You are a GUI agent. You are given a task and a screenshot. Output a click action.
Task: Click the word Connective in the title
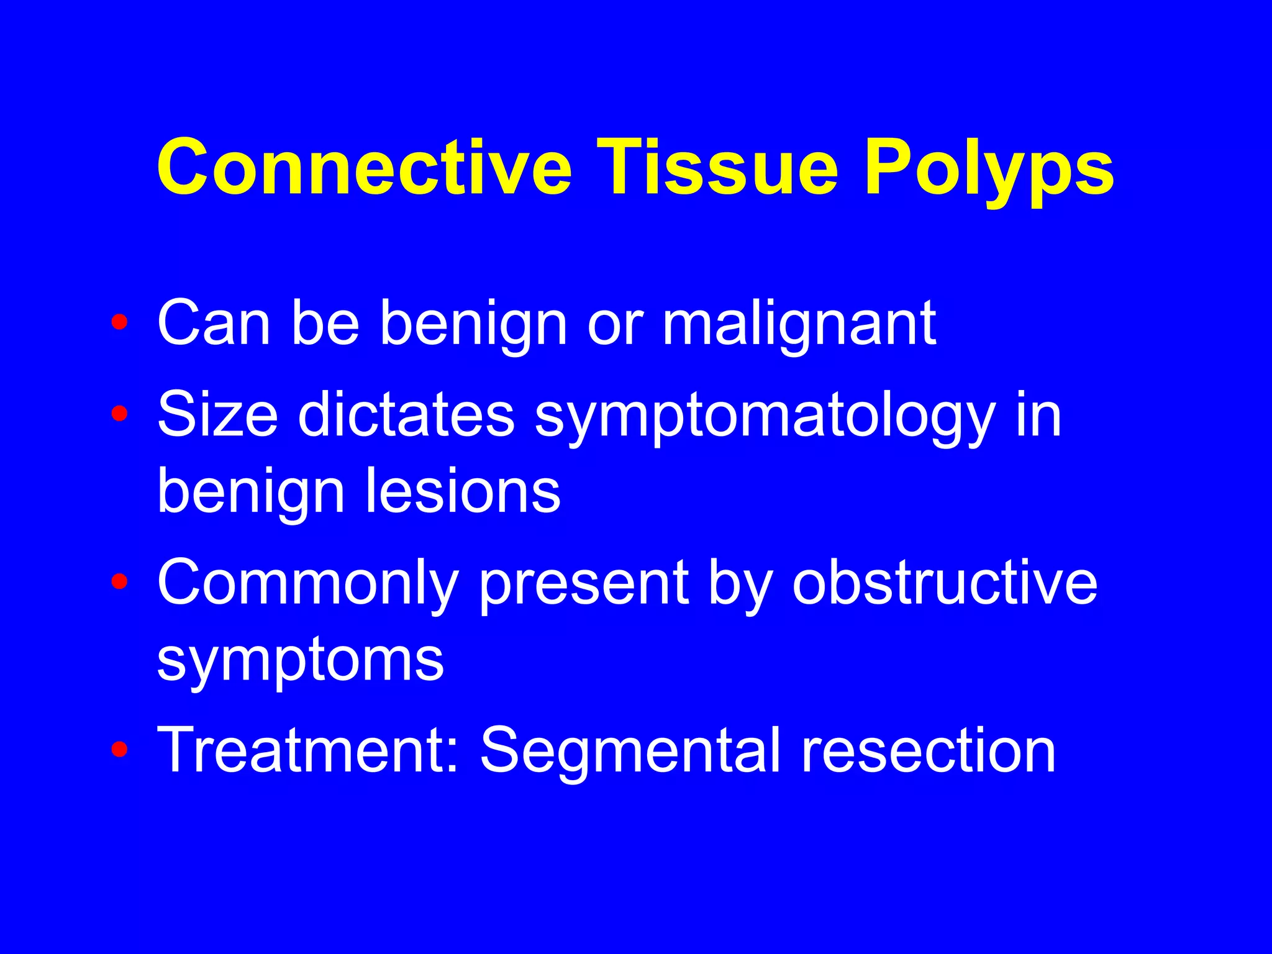click(x=363, y=168)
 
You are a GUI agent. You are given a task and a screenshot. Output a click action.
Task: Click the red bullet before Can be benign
click(x=119, y=322)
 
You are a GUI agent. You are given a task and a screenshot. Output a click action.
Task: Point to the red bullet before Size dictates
click(x=119, y=414)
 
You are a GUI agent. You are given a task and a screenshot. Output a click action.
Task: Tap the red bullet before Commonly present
click(x=119, y=581)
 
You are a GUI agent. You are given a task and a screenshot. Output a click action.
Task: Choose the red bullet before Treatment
click(x=119, y=750)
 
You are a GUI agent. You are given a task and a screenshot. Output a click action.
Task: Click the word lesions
click(x=463, y=491)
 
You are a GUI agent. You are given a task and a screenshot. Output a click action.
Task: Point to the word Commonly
click(x=307, y=584)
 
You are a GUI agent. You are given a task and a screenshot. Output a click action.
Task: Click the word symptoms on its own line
click(x=301, y=661)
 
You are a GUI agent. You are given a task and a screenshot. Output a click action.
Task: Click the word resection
click(x=929, y=750)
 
